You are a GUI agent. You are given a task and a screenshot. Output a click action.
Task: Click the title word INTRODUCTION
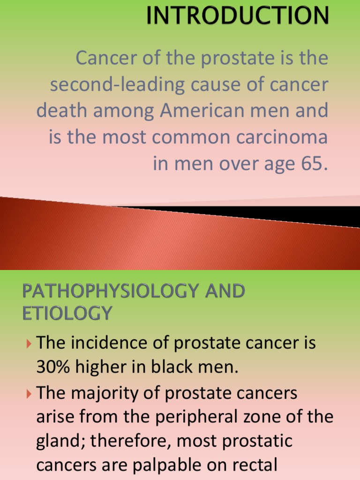[237, 15]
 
